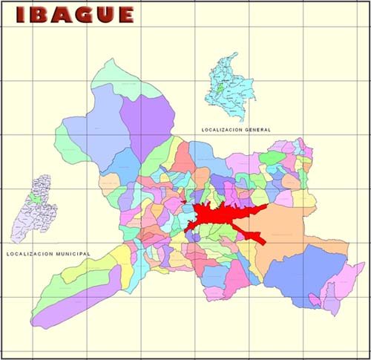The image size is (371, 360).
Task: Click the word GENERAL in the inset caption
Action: click(256, 130)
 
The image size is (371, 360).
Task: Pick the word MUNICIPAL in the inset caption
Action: click(71, 254)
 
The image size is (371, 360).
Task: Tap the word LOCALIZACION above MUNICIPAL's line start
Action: click(28, 254)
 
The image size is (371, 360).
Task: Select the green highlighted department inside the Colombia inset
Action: click(220, 95)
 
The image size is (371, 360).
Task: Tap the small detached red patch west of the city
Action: click(183, 201)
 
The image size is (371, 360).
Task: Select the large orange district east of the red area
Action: click(286, 230)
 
